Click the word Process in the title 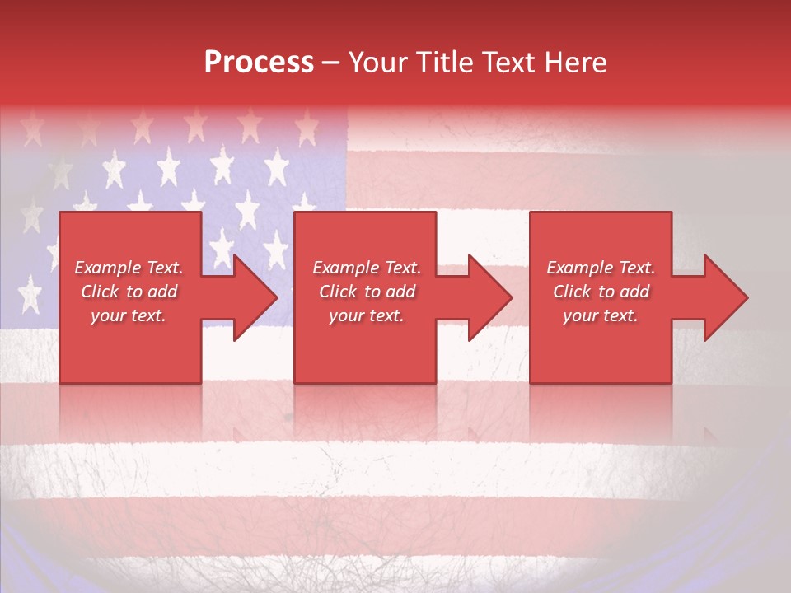pos(259,63)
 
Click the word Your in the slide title pos(377,63)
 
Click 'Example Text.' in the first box pos(129,268)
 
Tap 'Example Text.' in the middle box pos(367,268)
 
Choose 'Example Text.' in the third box pos(601,268)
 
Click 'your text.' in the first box pos(129,315)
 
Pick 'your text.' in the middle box pos(367,315)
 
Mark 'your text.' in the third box pos(601,315)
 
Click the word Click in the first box pos(100,292)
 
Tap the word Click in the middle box pos(338,292)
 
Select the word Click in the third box pos(572,292)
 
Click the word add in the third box pos(634,292)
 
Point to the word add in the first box pos(162,292)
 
